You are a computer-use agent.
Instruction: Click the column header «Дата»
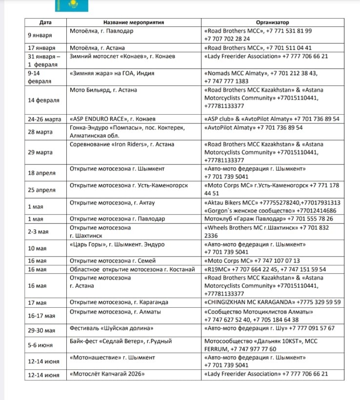45,22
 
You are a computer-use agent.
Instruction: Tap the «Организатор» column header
272,22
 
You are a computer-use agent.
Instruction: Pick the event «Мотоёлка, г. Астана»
97,48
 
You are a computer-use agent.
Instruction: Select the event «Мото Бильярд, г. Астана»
103,90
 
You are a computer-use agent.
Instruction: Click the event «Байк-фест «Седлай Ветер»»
120,341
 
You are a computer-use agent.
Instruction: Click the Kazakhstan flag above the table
71,5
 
